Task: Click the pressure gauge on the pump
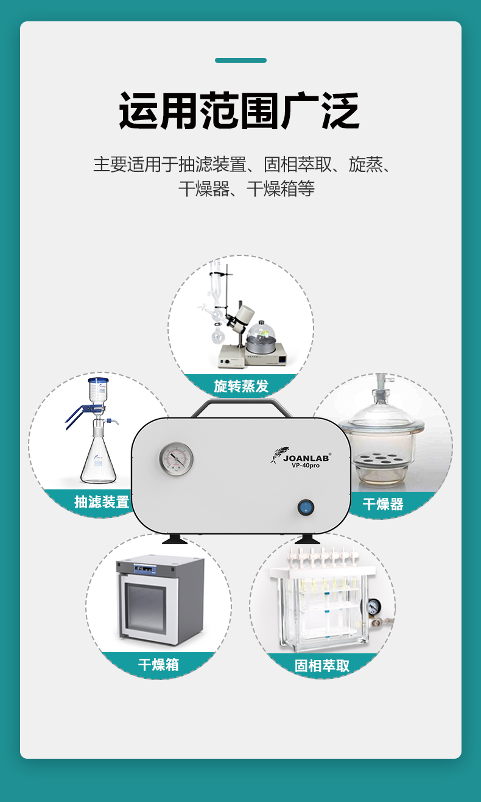[x=176, y=459]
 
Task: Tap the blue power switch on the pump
[x=306, y=507]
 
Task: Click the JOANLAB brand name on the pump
[x=306, y=458]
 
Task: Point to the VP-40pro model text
[x=306, y=466]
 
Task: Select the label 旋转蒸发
[x=241, y=386]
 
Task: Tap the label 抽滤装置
[x=102, y=502]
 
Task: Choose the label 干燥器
[x=383, y=504]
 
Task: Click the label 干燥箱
[x=158, y=664]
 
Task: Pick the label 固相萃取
[x=322, y=666]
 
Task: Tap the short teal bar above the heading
[x=240, y=60]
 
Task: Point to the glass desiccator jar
[x=382, y=437]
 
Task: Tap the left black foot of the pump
[x=175, y=539]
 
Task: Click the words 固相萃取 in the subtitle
[x=298, y=165]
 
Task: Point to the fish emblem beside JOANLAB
[x=278, y=455]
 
